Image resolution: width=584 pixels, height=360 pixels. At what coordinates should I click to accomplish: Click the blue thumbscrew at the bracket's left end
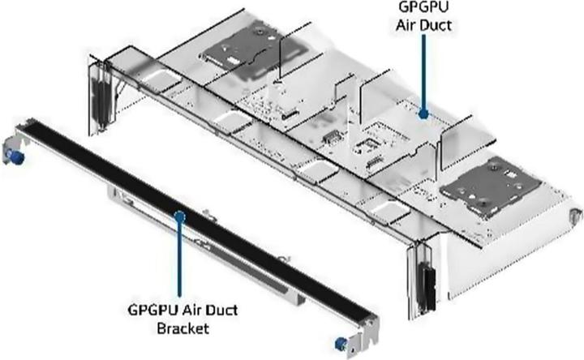coord(12,154)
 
